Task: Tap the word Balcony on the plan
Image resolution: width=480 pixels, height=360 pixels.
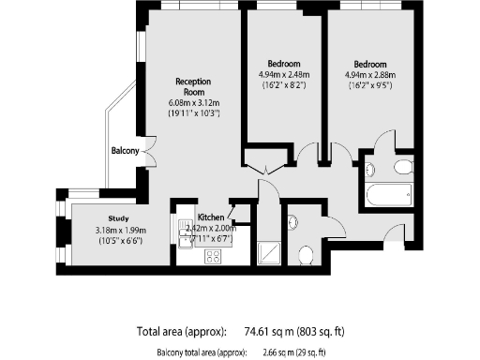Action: click(125, 150)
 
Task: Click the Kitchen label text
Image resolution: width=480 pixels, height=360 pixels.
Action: click(210, 217)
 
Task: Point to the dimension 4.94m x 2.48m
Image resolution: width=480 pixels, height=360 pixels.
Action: click(282, 75)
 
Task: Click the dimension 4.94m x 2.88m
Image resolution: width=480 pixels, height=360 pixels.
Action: click(370, 75)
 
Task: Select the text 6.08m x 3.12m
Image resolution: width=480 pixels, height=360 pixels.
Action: click(192, 102)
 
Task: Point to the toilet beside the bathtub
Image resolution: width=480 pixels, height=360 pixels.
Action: click(402, 167)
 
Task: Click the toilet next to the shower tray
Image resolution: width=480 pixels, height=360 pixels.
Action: click(305, 252)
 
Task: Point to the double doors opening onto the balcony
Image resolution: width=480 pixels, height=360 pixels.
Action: click(152, 149)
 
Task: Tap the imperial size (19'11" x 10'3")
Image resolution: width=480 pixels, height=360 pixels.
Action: click(192, 113)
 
